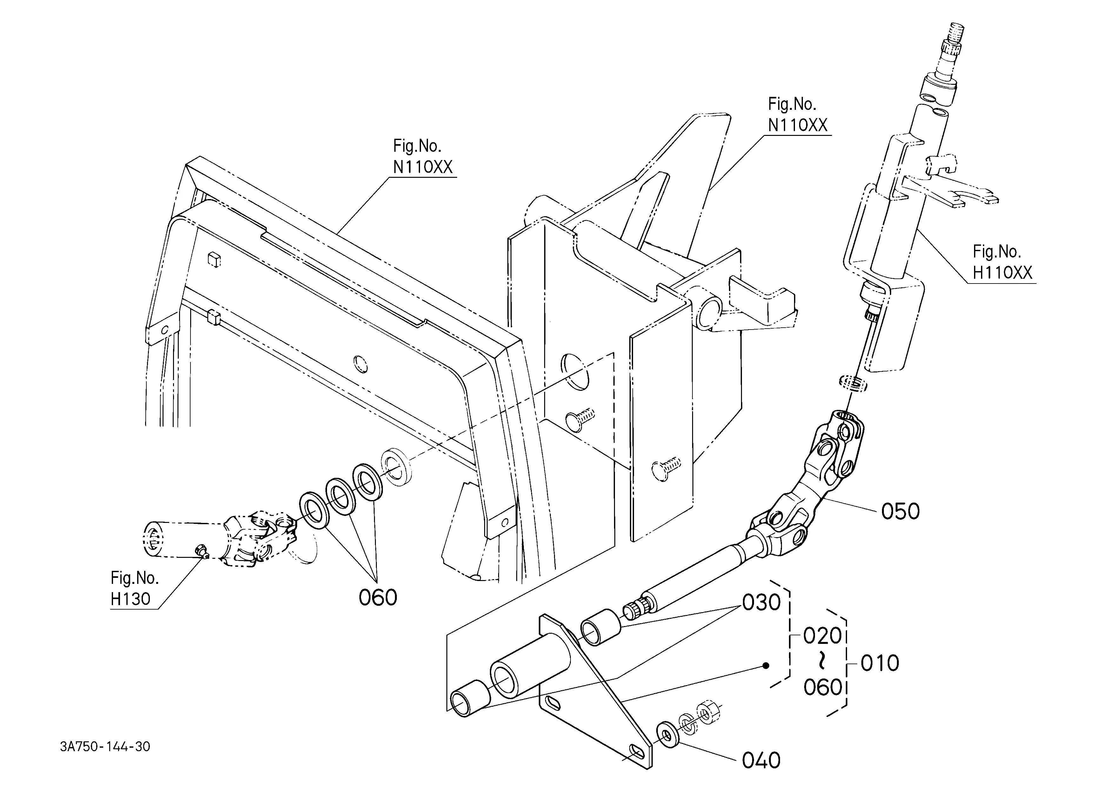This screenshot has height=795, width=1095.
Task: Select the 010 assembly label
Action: click(x=880, y=663)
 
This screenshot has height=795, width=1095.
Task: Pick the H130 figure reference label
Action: click(x=130, y=599)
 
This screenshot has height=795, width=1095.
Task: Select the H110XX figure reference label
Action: click(x=1002, y=273)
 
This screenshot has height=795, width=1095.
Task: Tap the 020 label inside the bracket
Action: click(x=823, y=636)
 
